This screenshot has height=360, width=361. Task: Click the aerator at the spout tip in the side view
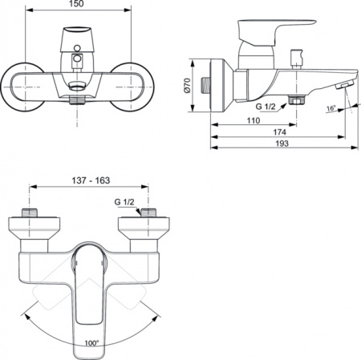[343, 87]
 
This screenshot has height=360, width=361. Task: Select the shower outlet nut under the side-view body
[298, 99]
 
